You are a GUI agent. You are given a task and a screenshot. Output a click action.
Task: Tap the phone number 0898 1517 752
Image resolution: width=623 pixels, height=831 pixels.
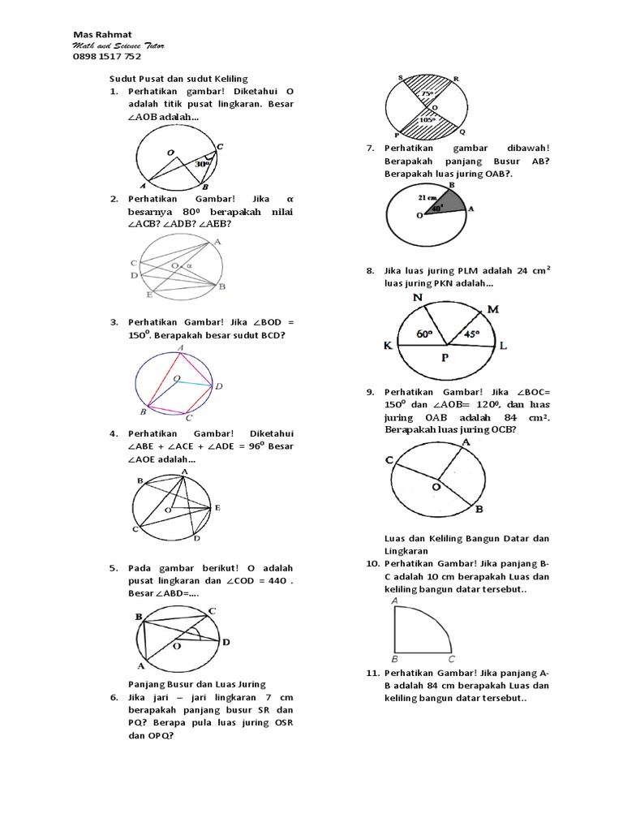pyautogui.click(x=106, y=57)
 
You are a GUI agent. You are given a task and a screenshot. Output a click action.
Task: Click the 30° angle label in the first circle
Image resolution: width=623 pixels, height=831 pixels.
pyautogui.click(x=202, y=163)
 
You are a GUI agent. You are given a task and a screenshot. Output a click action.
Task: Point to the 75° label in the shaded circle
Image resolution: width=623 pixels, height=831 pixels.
pyautogui.click(x=427, y=93)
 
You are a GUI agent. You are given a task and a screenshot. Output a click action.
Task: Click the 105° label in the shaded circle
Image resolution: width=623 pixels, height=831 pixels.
pyautogui.click(x=427, y=119)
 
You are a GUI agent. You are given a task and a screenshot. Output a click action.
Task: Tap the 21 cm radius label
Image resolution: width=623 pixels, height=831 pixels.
pyautogui.click(x=428, y=197)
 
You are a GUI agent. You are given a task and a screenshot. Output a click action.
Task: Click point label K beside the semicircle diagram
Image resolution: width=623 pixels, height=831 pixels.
pyautogui.click(x=388, y=347)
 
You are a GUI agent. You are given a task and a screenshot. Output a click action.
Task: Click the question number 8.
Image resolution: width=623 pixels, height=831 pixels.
pyautogui.click(x=370, y=270)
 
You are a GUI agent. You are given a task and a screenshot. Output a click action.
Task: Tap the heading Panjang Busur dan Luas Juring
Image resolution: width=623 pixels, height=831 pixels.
pyautogui.click(x=198, y=683)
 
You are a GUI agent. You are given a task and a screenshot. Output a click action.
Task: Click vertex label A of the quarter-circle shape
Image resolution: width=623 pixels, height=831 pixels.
pyautogui.click(x=394, y=600)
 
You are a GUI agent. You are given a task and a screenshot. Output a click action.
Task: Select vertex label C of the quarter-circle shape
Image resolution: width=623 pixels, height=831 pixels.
pyautogui.click(x=452, y=659)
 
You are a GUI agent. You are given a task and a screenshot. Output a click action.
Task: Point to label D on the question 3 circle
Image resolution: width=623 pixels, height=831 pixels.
pyautogui.click(x=218, y=387)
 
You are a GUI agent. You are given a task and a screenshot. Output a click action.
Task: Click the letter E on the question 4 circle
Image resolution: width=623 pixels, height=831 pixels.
pyautogui.click(x=217, y=507)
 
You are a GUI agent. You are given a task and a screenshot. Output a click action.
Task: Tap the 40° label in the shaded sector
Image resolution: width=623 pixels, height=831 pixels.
pyautogui.click(x=437, y=208)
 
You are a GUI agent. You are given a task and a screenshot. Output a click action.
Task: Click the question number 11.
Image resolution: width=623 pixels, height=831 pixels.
pyautogui.click(x=372, y=674)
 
